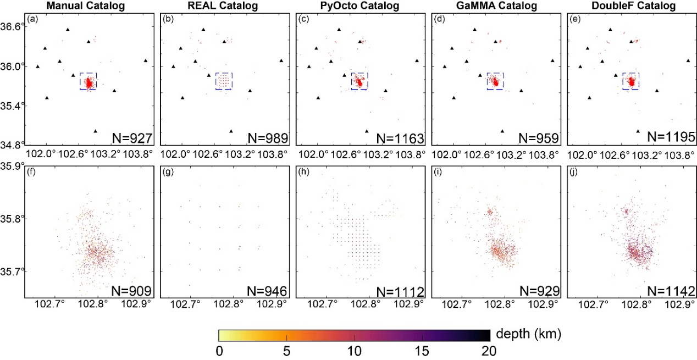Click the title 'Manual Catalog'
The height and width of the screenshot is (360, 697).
[x=86, y=5]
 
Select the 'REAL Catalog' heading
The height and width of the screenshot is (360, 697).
[x=223, y=5]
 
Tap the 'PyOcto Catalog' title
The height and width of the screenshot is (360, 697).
[x=359, y=5]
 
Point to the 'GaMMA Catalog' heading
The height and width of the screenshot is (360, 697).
[x=496, y=5]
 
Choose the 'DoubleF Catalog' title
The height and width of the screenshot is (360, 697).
[x=634, y=5]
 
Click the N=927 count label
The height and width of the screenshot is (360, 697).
[x=132, y=139]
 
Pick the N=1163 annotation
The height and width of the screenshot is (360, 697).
[x=400, y=139]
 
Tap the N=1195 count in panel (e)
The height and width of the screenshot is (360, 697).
[x=671, y=137]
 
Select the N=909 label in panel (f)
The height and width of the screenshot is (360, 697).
[x=131, y=291]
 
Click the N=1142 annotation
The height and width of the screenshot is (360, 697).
[x=671, y=291]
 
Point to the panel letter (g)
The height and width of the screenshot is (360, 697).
[x=168, y=171]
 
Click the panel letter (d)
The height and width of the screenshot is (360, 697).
[x=439, y=19]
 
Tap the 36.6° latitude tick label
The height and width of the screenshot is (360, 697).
[x=12, y=26]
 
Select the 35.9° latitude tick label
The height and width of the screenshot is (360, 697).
[x=12, y=166]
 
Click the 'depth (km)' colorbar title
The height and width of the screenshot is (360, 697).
[x=529, y=334]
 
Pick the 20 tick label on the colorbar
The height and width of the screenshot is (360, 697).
[x=489, y=351]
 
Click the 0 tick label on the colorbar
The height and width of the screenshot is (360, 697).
[x=219, y=351]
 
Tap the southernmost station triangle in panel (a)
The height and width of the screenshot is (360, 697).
[x=96, y=131]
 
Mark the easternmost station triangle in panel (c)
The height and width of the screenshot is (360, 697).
[x=417, y=60]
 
